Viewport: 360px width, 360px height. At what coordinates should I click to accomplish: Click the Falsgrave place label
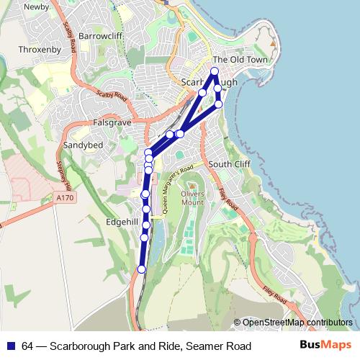pos(112,123)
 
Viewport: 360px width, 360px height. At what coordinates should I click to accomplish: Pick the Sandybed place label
pos(84,145)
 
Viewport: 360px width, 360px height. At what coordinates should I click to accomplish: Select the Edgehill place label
pos(121,222)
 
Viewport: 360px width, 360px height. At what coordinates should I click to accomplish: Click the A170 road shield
pos(63,196)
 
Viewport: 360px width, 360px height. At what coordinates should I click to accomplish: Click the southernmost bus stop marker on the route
pos(141,269)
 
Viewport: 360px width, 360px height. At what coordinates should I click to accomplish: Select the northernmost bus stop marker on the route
pos(214,71)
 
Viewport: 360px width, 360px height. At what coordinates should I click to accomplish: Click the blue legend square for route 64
pos(9,347)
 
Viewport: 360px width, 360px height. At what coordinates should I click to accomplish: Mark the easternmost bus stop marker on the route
pos(219,104)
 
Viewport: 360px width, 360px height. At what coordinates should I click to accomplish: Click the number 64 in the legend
pos(28,347)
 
